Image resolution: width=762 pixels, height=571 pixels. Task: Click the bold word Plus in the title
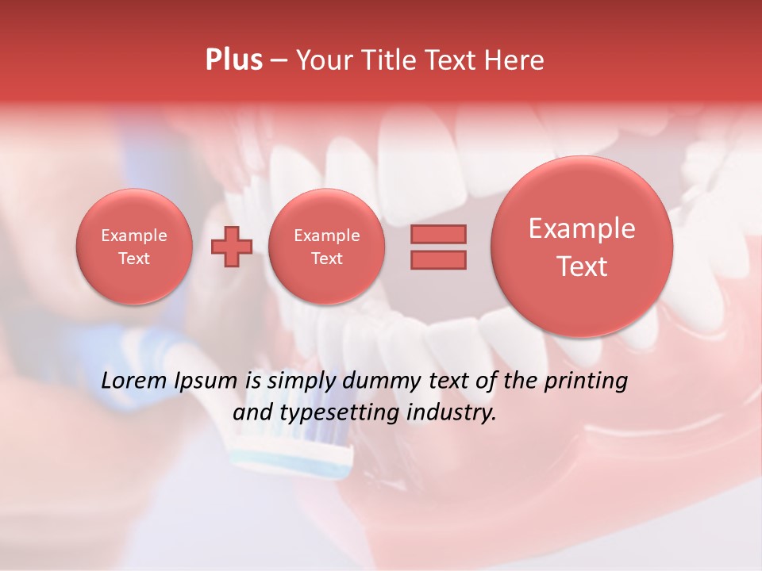click(x=233, y=60)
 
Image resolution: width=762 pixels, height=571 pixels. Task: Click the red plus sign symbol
click(x=232, y=246)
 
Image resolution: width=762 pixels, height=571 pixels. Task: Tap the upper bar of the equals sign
click(x=438, y=234)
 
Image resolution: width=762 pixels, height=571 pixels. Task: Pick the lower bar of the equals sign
click(x=438, y=259)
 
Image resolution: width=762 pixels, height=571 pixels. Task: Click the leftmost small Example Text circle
click(x=134, y=247)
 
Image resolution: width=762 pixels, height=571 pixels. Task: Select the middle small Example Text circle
click(x=326, y=247)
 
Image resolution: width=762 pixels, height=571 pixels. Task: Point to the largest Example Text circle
click(x=582, y=247)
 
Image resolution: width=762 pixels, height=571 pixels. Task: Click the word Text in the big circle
click(x=582, y=266)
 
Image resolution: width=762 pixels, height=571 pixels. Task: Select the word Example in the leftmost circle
click(x=134, y=236)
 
